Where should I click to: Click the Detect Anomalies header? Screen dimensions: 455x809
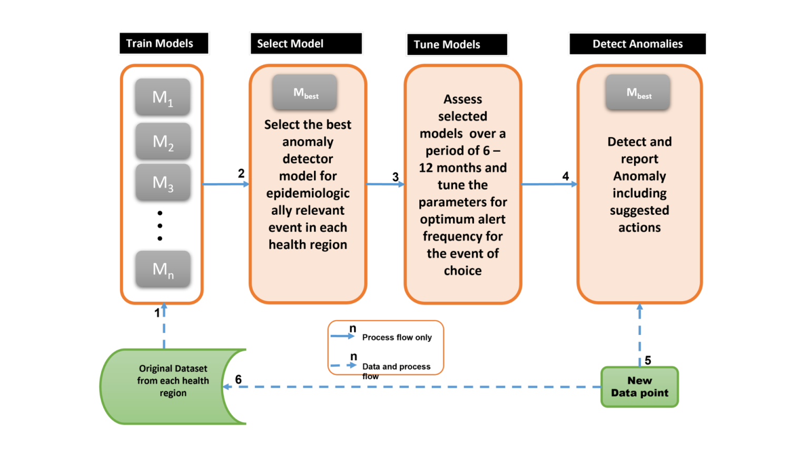pos(637,44)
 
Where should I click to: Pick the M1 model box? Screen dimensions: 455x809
pos(163,97)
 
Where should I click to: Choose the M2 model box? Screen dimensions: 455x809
pos(163,141)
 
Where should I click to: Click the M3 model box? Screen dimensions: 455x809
pos(163,182)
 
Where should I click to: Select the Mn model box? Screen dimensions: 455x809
pos(163,269)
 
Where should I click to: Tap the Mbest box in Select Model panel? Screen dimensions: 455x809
pos(305,93)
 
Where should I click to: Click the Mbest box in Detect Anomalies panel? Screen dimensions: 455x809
pos(638,93)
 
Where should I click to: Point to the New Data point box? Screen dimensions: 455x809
pos(639,387)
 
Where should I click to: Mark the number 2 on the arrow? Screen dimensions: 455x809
pos(241,173)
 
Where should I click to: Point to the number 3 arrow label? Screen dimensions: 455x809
pos(396,177)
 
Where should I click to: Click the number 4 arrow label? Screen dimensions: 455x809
pos(566,176)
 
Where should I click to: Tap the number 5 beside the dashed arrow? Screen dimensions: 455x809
pos(648,360)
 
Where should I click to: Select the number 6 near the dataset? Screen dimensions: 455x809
pos(239,379)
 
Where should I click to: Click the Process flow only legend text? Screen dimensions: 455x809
pos(397,337)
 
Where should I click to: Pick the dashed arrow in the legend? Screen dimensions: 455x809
pos(343,365)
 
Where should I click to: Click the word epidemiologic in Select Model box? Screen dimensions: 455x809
pos(308,193)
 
